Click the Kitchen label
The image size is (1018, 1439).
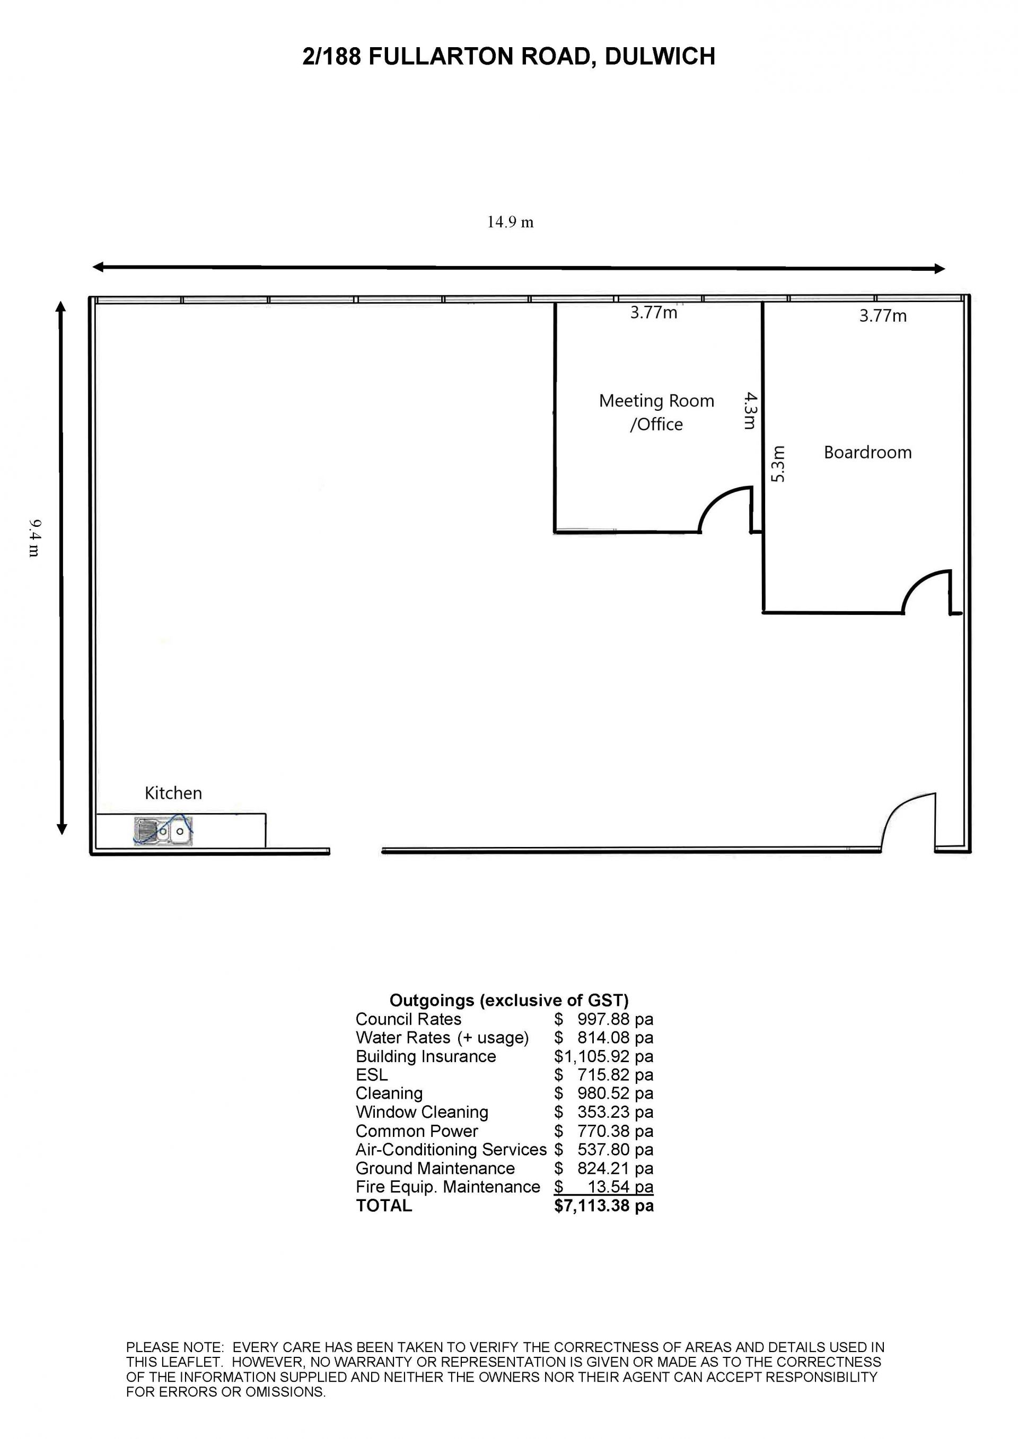(173, 793)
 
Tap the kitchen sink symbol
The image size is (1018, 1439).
(163, 831)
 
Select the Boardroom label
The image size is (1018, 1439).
(867, 453)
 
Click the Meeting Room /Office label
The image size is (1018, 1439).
(656, 412)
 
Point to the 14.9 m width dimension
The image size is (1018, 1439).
(510, 223)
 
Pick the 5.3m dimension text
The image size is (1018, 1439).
(777, 464)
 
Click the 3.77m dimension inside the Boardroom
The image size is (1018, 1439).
(883, 316)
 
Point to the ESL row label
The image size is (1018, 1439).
(372, 1075)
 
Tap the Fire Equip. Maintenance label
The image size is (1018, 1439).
(447, 1187)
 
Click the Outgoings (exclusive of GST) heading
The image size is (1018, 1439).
(509, 1000)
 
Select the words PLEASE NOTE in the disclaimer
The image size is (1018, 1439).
(175, 1347)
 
